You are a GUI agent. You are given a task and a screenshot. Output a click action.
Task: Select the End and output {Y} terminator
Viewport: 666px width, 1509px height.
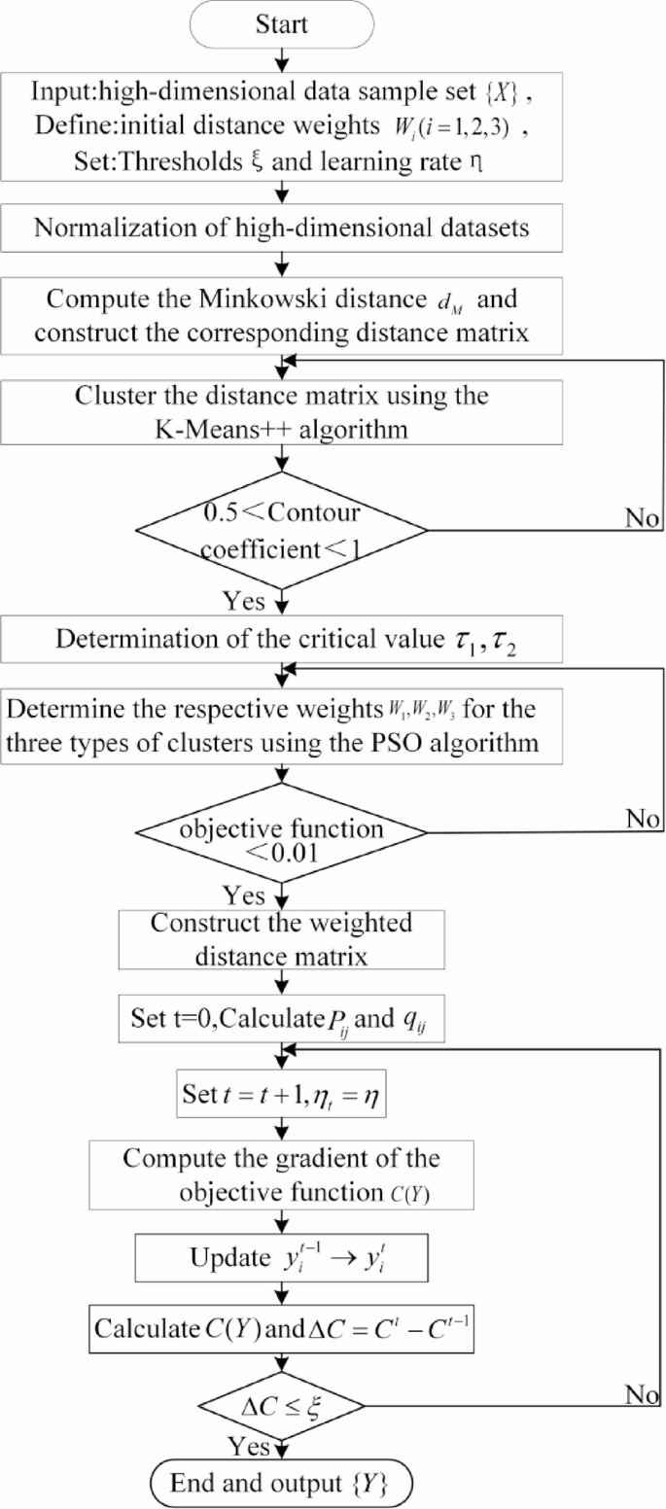[x=283, y=1483]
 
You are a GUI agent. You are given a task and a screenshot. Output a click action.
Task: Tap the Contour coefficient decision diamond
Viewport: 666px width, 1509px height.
[x=283, y=530]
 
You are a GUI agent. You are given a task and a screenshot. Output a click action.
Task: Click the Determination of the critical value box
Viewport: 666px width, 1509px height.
[x=283, y=641]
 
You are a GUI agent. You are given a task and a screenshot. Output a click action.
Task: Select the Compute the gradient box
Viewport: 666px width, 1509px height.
[x=283, y=1172]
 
